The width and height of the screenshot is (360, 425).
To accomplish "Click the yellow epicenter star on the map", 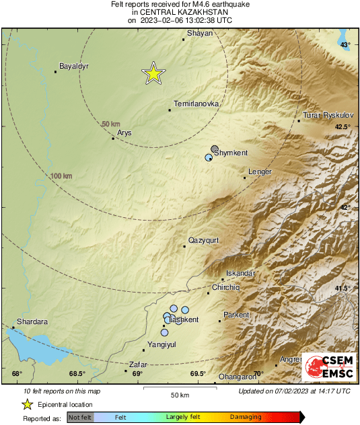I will coord(153,74).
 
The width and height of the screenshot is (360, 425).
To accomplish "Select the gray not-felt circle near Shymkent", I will coord(215,149).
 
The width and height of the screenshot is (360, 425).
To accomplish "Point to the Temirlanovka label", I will coord(196,104).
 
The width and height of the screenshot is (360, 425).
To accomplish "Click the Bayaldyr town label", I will coord(74,66).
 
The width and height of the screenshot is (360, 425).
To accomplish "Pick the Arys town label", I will coord(124,133).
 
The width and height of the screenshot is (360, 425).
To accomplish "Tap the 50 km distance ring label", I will coord(111,124).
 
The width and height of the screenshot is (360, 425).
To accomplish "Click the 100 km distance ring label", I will coord(61,176).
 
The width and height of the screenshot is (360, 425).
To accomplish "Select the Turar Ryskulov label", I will coord(328,115).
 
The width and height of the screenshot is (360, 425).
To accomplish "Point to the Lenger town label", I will coord(260,172).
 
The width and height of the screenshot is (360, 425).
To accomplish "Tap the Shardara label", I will coord(32,321).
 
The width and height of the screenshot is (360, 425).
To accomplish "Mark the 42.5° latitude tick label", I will coord(343,127).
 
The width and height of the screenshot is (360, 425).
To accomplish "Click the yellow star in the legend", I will coord(28,404).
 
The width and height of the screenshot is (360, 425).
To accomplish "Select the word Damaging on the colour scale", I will coord(246,418).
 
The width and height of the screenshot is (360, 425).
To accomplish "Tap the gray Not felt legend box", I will coord(81,418).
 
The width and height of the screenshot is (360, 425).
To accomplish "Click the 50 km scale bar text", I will coord(178,394).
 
